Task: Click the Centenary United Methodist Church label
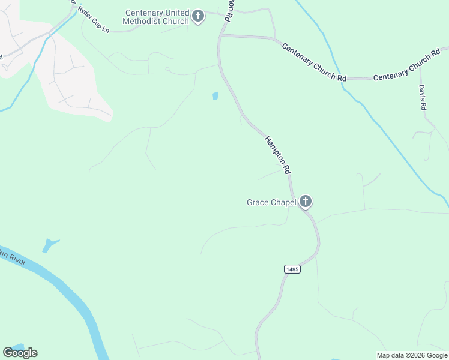pyautogui.click(x=157, y=17)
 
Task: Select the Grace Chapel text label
pyautogui.click(x=271, y=202)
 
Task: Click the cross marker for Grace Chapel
pyautogui.click(x=306, y=202)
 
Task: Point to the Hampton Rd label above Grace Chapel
pyautogui.click(x=277, y=154)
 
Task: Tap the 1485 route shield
pyautogui.click(x=292, y=269)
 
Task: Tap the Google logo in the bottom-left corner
pyautogui.click(x=20, y=353)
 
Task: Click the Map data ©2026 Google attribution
pyautogui.click(x=412, y=355)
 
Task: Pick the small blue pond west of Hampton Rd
pyautogui.click(x=215, y=95)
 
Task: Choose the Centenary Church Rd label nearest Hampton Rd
pyautogui.click(x=314, y=62)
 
